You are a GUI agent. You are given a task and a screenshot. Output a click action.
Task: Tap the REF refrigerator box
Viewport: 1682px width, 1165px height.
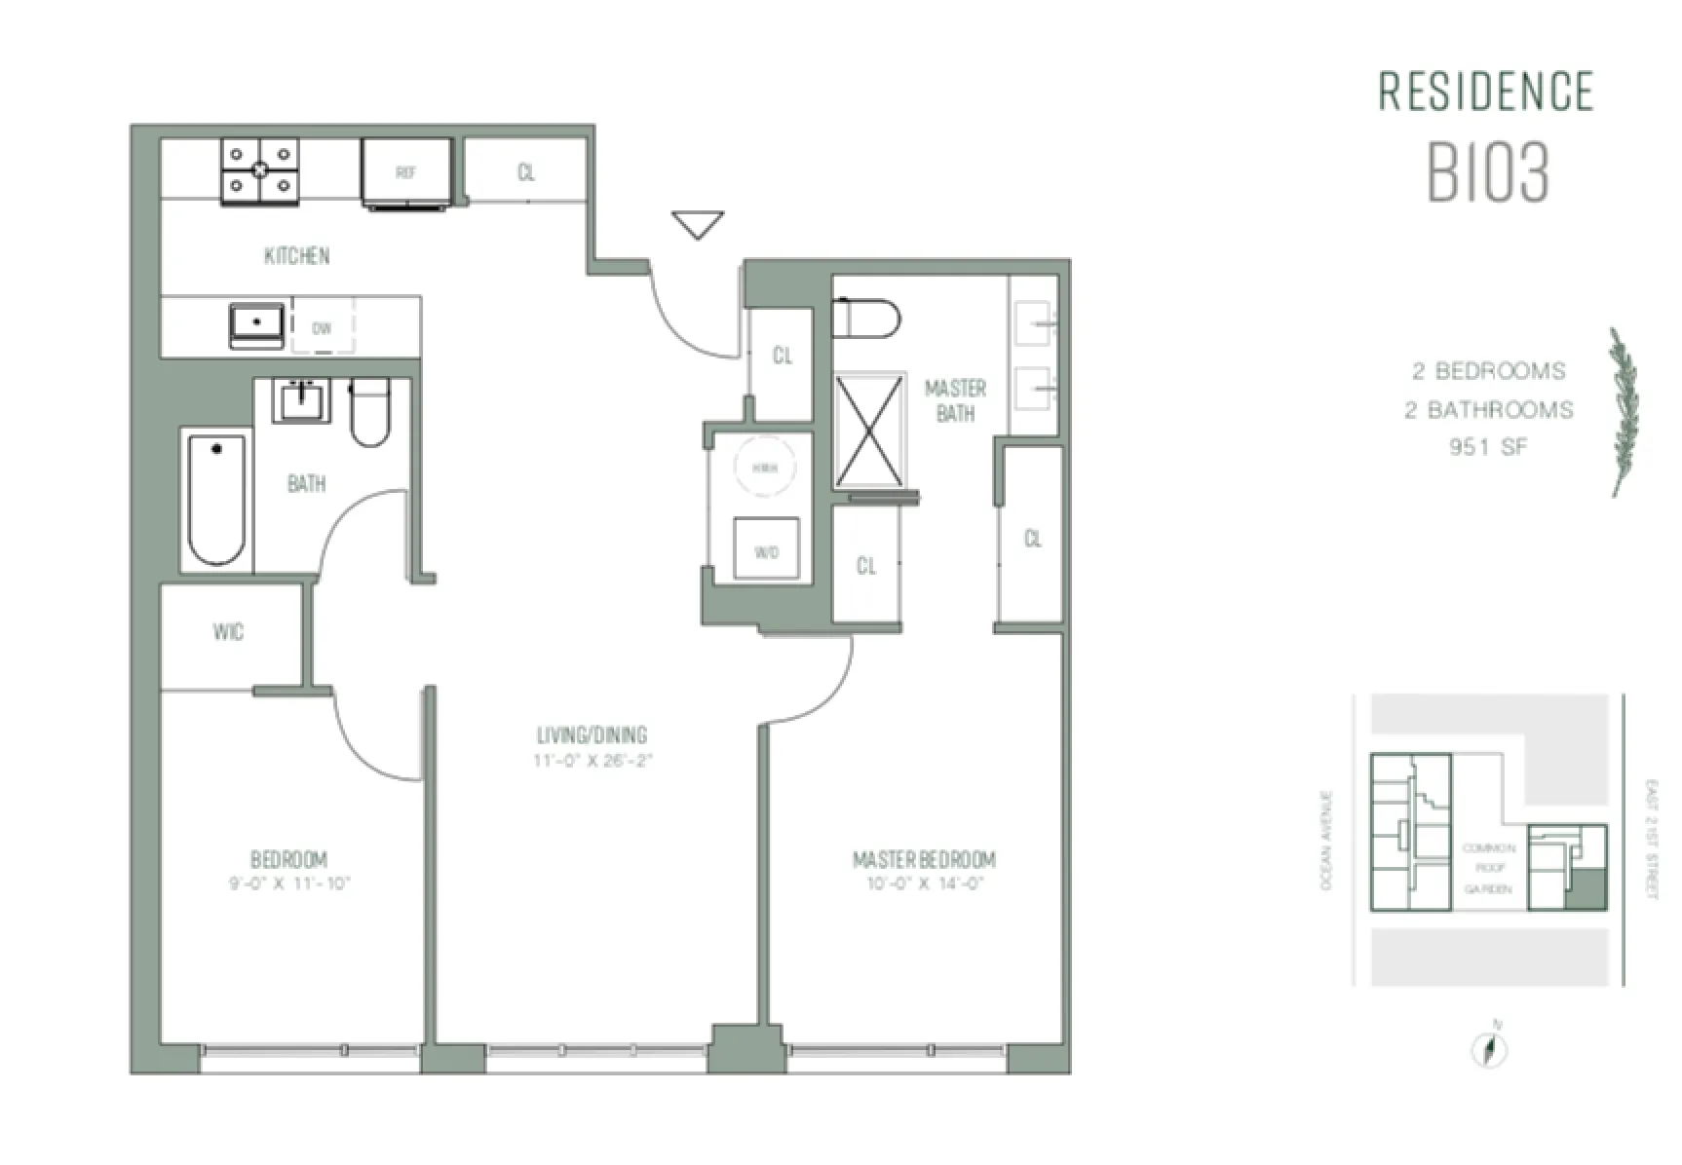(406, 172)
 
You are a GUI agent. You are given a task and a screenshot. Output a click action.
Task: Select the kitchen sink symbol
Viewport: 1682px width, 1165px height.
(257, 324)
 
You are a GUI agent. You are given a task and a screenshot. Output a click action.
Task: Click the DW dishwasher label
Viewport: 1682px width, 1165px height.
(322, 328)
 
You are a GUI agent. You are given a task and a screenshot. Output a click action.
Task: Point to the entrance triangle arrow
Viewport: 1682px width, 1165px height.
(698, 224)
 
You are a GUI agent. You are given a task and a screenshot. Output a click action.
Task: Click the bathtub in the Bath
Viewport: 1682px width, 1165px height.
(216, 499)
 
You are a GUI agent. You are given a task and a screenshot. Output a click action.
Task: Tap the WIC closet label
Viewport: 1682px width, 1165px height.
(228, 632)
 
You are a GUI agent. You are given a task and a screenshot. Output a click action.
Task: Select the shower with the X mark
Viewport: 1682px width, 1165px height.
(869, 430)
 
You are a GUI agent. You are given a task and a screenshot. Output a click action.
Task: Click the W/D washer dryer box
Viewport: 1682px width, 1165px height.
(766, 550)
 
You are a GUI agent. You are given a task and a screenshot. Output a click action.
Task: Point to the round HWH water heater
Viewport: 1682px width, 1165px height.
(764, 469)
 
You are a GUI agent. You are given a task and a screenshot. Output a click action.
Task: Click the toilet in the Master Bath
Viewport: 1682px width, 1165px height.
(866, 319)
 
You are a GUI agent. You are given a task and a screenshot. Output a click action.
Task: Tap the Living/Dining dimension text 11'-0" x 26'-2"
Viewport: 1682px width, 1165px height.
(592, 761)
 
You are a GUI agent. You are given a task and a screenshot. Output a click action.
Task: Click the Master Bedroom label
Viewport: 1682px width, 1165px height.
(924, 859)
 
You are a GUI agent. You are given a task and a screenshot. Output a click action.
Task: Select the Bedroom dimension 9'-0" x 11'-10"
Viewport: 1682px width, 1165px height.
(288, 884)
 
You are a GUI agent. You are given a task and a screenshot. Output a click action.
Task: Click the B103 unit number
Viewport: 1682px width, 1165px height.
(1488, 174)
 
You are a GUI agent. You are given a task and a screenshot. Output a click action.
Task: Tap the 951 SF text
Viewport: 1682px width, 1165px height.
(1488, 447)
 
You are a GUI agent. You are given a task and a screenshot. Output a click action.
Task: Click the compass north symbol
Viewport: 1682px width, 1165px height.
(1489, 1049)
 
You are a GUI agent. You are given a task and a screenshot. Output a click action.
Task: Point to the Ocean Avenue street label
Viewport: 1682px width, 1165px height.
(1325, 840)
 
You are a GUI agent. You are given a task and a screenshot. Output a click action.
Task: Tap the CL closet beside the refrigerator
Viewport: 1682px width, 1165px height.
(525, 172)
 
